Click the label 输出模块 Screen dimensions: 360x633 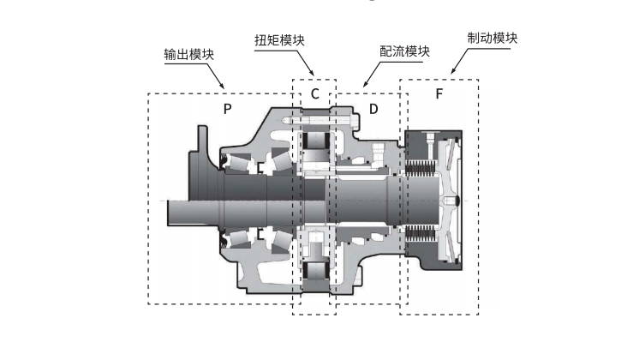(188, 54)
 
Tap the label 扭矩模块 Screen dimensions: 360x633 (278, 39)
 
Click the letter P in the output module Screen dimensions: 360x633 (227, 109)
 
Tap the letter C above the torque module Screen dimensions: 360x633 (314, 93)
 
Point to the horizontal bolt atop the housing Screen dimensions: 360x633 (321, 122)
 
